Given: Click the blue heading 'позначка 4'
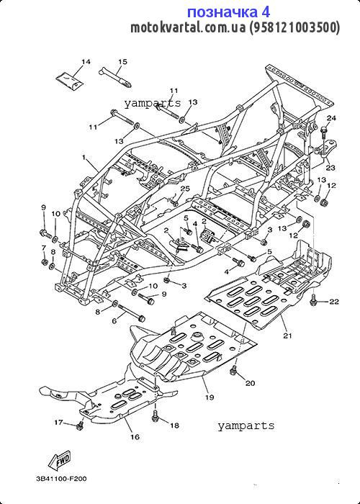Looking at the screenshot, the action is (x=228, y=12).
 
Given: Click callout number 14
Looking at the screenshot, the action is (x=86, y=61).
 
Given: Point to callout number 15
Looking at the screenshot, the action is (x=122, y=61).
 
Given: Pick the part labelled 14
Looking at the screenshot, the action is (x=71, y=81).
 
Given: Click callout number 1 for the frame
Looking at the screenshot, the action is (x=84, y=157).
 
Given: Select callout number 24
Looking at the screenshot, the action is (x=331, y=118).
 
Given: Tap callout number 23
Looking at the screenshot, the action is (x=330, y=168).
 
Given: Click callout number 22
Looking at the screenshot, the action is (x=335, y=301).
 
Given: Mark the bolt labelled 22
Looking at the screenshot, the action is (x=313, y=300).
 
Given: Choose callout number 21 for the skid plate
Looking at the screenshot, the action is (x=287, y=336).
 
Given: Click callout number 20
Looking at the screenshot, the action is (x=250, y=383).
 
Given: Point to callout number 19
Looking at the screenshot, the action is (x=210, y=397).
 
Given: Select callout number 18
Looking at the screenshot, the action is (x=174, y=426).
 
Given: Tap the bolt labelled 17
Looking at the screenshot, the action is (x=79, y=426).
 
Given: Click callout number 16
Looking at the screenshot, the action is (x=135, y=437).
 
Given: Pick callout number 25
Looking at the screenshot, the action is (x=185, y=189).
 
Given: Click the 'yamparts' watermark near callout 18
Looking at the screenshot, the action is (x=246, y=426).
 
